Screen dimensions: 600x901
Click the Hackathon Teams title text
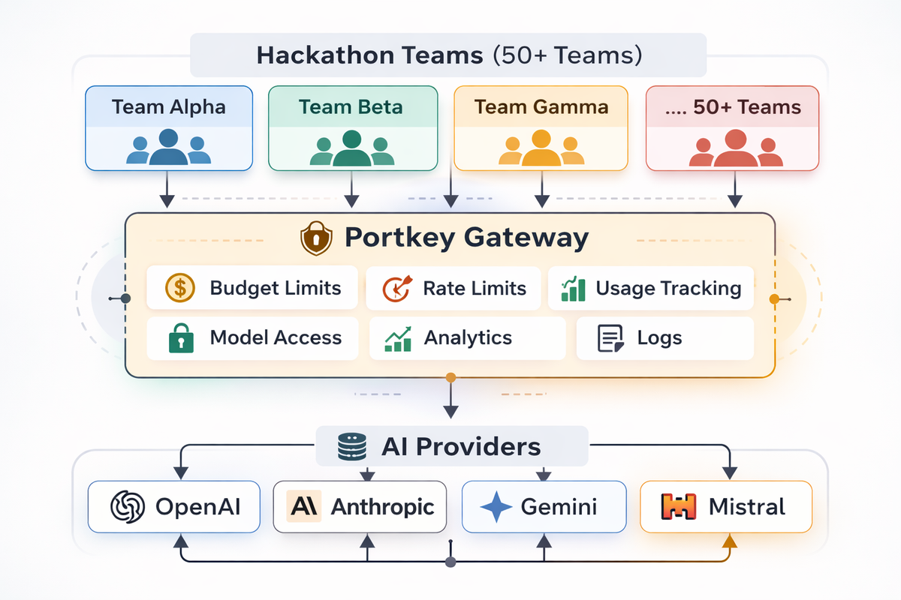[x=447, y=55]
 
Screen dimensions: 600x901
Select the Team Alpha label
[x=169, y=106]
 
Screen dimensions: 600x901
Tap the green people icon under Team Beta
[x=352, y=148]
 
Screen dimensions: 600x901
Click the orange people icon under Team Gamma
[x=541, y=148]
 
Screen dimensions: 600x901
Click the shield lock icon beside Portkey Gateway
[x=316, y=239]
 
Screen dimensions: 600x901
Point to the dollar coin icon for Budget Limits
[x=179, y=288]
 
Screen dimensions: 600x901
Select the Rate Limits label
[x=475, y=288]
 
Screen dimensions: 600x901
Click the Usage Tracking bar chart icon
[x=574, y=289]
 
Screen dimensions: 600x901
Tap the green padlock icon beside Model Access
[x=180, y=338]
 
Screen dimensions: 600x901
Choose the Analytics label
[x=468, y=338]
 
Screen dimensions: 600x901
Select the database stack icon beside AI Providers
[x=351, y=447]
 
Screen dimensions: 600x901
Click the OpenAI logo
[x=127, y=507]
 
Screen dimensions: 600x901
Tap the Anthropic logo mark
[x=304, y=507]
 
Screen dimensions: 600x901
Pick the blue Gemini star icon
[x=496, y=508]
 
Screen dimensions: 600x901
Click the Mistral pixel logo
[x=678, y=507]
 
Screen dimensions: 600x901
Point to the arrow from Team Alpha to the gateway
[x=167, y=191]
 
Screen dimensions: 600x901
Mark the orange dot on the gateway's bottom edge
[x=450, y=377]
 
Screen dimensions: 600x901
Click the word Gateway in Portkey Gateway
[x=526, y=238]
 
